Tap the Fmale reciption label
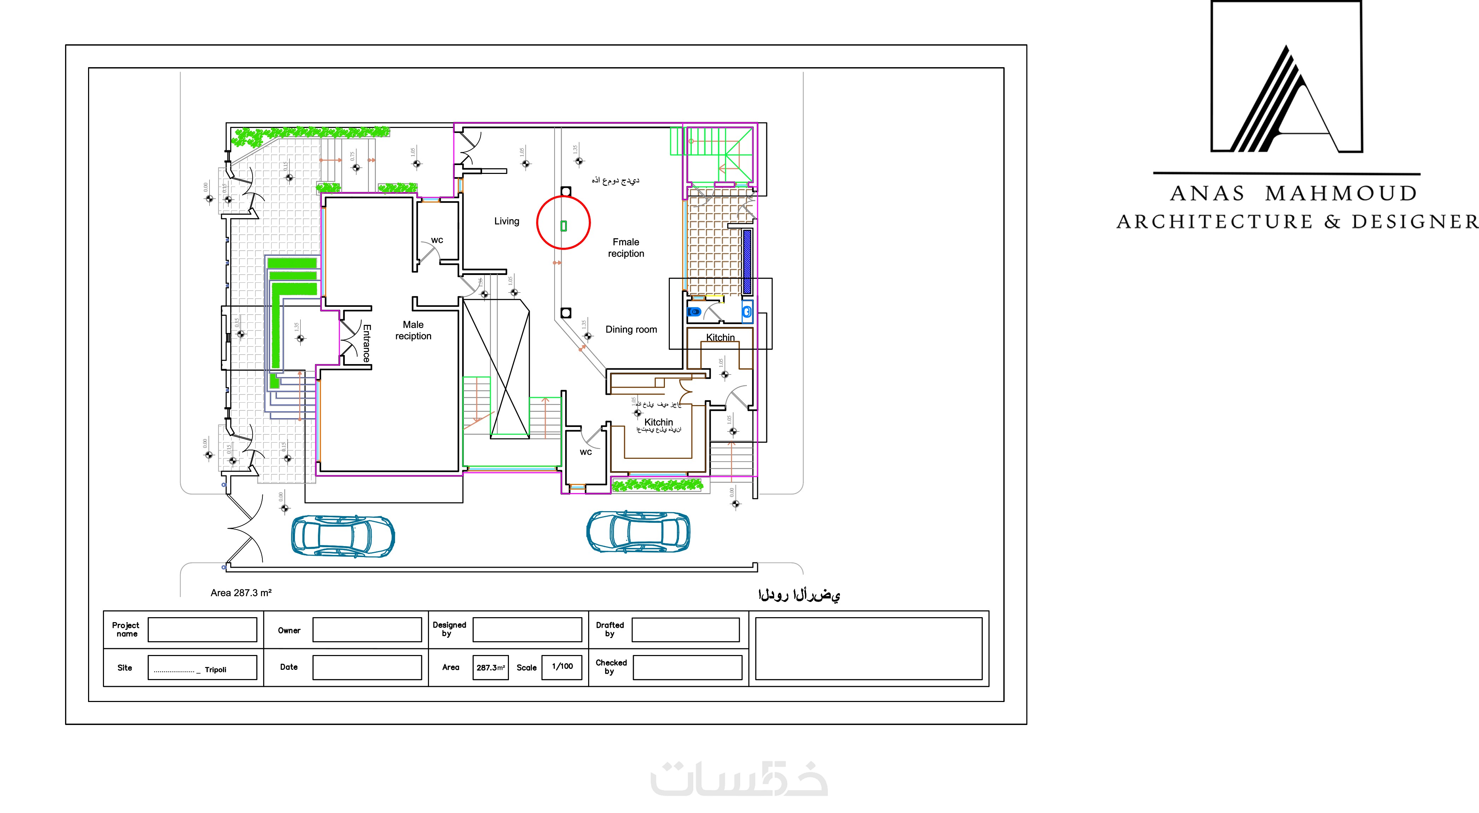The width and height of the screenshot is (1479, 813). pos(626,248)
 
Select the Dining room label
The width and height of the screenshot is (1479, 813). pos(631,329)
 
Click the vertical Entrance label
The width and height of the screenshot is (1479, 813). pos(366,343)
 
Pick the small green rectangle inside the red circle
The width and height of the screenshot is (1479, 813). pos(563,226)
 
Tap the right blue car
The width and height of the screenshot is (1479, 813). pos(638,532)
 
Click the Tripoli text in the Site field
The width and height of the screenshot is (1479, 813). pos(215,669)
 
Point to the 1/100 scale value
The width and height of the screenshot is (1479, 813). pos(562,666)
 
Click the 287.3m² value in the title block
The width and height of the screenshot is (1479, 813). pos(490,668)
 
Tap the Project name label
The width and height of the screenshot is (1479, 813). pos(126,630)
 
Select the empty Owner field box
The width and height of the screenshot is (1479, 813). pos(367,630)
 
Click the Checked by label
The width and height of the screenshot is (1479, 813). pos(611,667)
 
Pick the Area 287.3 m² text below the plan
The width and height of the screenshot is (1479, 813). pos(240,593)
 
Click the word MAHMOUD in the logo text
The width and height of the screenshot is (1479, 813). pos(1341,193)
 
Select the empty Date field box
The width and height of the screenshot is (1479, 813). pos(367,667)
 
